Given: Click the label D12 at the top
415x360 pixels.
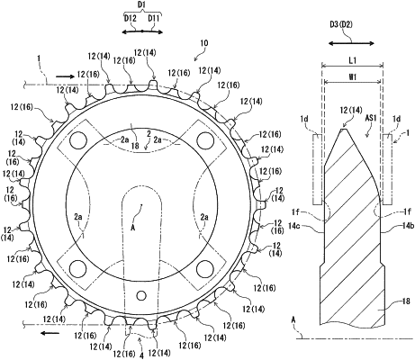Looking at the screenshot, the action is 131,19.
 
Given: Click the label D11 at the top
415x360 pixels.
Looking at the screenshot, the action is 153,19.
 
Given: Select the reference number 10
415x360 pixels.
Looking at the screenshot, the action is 204,43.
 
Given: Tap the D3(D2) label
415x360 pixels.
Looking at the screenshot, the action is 341,25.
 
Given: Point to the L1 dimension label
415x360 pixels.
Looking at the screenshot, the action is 353,60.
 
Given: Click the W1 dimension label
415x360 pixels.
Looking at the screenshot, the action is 353,76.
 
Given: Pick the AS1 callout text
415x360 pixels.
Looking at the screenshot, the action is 371,118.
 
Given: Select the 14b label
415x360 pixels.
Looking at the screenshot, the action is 407,226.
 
